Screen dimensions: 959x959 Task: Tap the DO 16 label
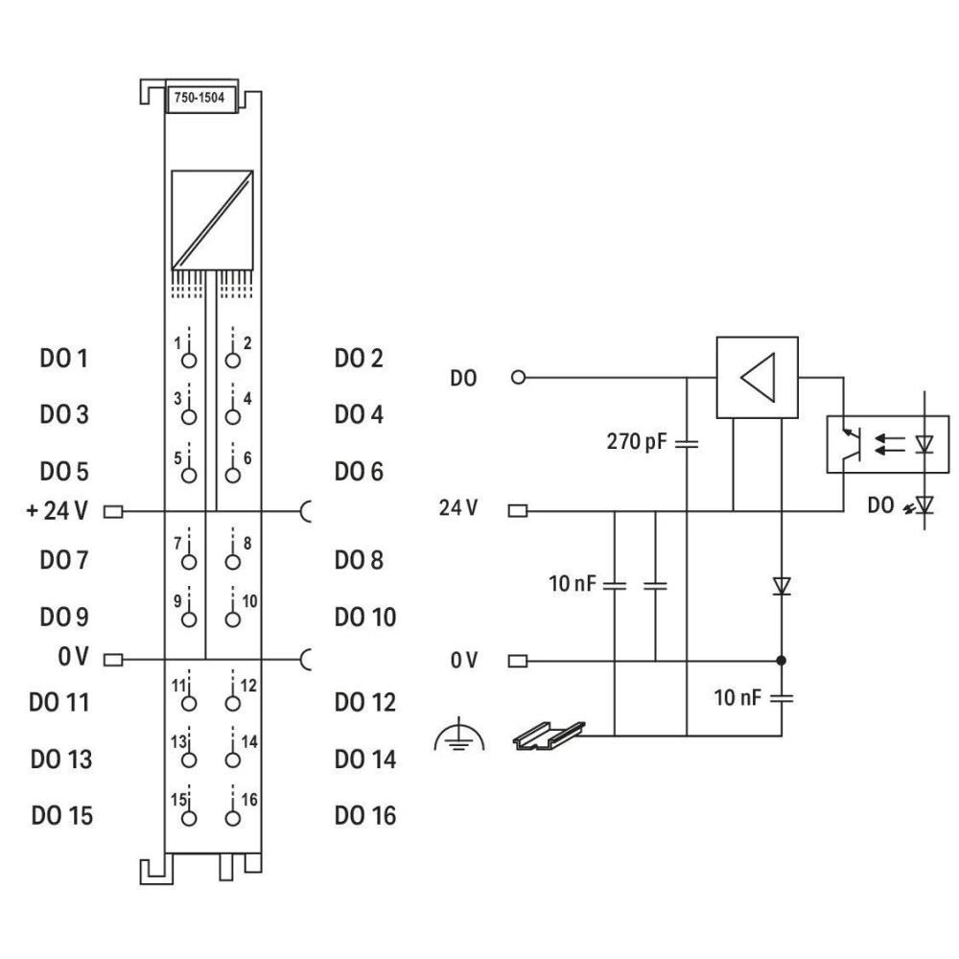(364, 816)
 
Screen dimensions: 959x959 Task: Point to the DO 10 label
(364, 617)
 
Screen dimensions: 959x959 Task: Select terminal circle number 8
(232, 561)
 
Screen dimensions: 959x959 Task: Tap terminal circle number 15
(189, 817)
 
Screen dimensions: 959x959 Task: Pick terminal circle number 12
(232, 703)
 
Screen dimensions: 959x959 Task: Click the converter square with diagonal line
(212, 220)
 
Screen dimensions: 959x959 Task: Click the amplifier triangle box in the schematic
(757, 377)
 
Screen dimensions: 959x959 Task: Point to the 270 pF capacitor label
(637, 443)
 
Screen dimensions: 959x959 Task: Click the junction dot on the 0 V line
(782, 661)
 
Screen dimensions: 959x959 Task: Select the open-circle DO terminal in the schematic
(519, 378)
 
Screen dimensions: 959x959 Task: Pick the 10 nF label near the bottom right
(738, 697)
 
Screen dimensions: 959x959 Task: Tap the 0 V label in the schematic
(463, 661)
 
